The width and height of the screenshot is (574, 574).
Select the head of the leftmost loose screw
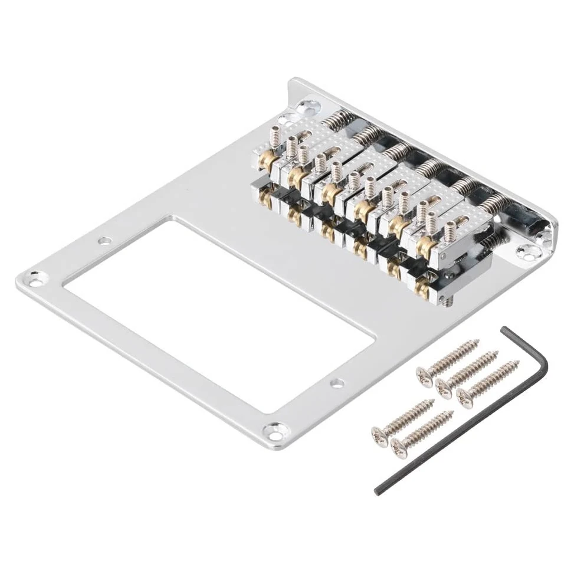(379, 435)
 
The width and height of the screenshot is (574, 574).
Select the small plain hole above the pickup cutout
(104, 241)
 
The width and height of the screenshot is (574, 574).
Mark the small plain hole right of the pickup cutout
(337, 383)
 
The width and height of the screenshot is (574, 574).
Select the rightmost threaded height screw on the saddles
(451, 231)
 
